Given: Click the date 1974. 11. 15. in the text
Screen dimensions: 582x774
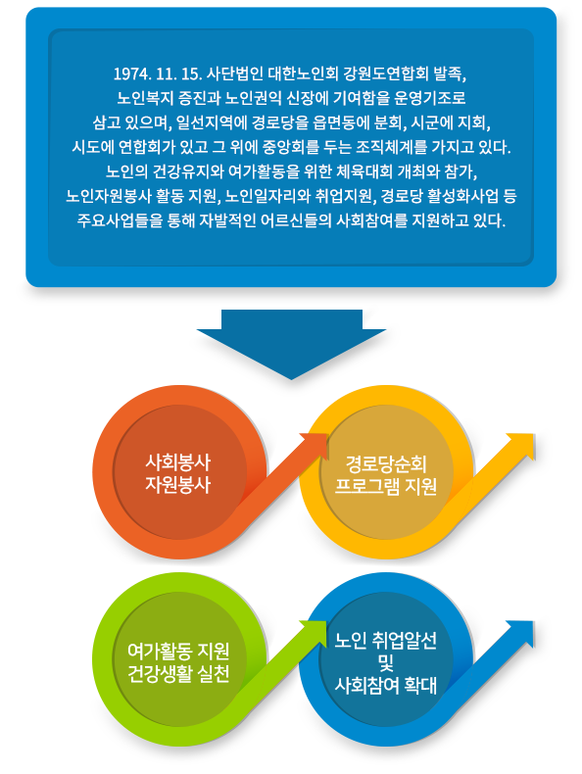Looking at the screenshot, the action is [158, 74].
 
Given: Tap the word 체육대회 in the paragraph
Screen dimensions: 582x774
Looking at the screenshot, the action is [364, 171].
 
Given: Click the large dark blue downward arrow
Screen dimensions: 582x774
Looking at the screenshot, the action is [291, 343].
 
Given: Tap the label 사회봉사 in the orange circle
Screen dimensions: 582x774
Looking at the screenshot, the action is [177, 462].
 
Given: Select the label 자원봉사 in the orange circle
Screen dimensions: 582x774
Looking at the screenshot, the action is [177, 485].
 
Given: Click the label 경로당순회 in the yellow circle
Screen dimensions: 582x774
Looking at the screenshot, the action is [385, 464].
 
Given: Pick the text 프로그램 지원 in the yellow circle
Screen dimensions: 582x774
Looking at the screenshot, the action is [385, 486].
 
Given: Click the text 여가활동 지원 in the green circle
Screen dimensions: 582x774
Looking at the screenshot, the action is [178, 652].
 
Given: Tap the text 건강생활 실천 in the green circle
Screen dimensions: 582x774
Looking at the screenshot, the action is [178, 673].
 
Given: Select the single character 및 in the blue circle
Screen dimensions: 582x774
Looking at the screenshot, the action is [385, 662].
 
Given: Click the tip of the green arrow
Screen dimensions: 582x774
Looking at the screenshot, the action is [326, 622].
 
